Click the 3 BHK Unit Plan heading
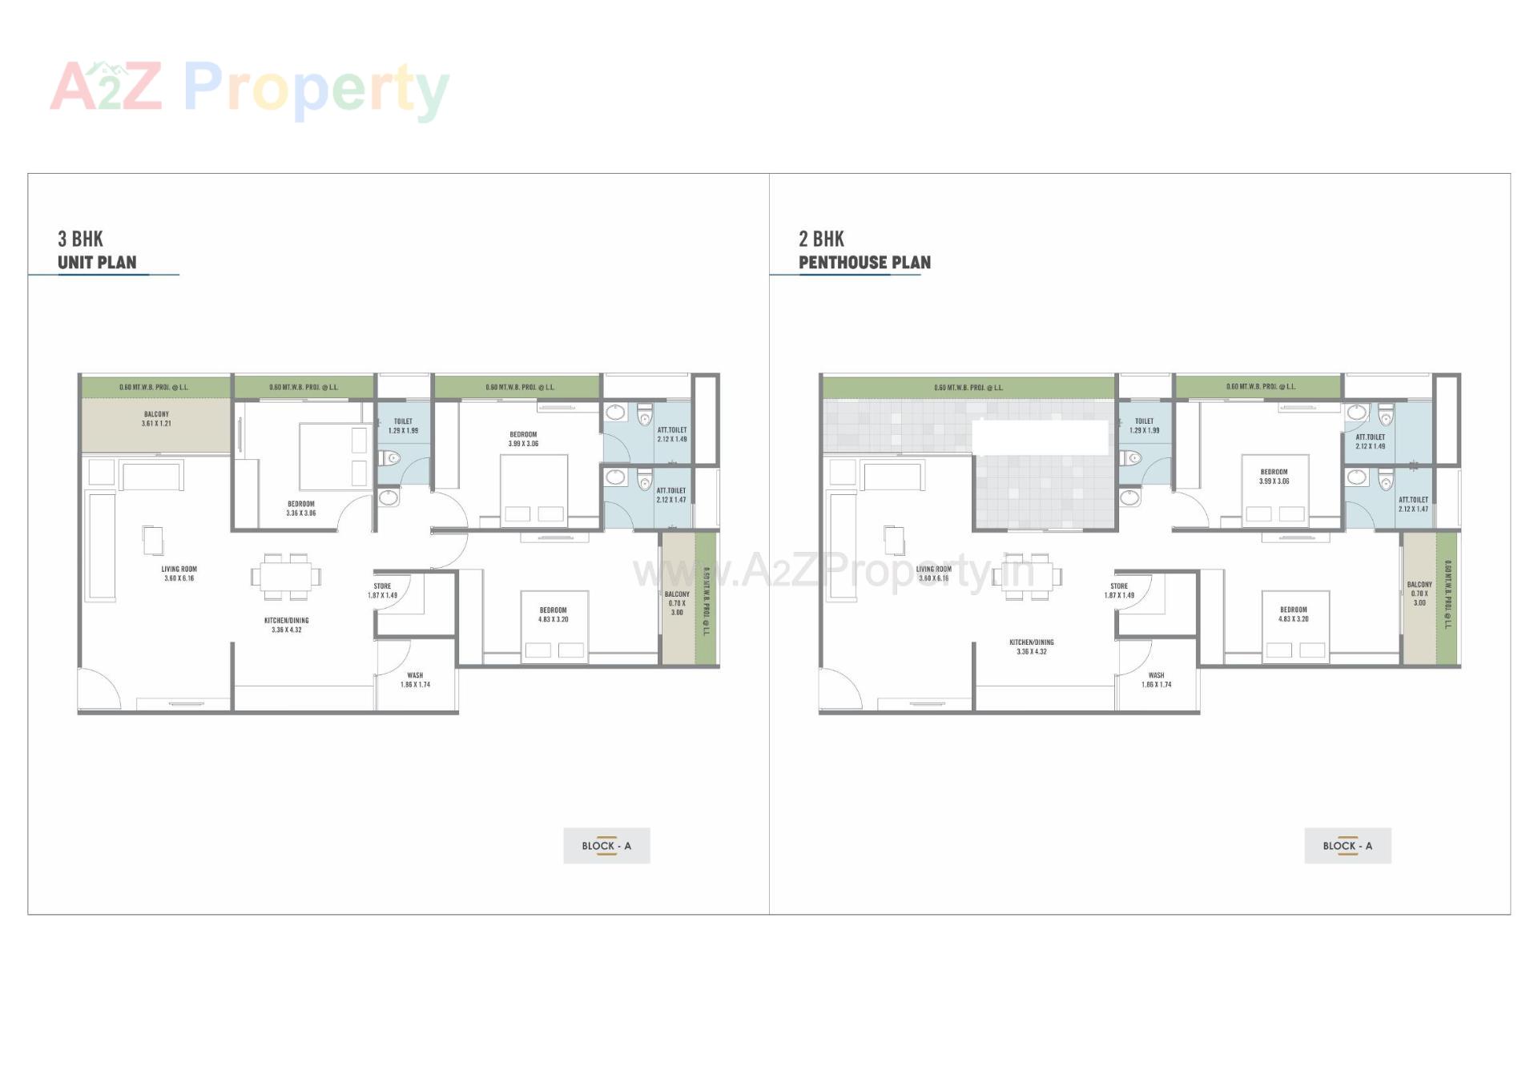[x=97, y=251]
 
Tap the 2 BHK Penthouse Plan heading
[x=864, y=251]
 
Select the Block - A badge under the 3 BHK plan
[x=606, y=845]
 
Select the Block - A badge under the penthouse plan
[x=1347, y=845]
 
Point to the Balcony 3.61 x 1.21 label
[x=156, y=419]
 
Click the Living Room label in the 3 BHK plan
[x=179, y=574]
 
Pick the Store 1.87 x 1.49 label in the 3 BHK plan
[x=382, y=590]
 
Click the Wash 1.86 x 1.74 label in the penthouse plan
[x=1156, y=680]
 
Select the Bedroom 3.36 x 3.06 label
[x=301, y=509]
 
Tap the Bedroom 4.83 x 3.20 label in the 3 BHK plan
[x=553, y=614]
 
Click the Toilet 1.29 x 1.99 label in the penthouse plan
[x=1144, y=425]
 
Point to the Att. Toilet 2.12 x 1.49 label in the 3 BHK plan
[x=671, y=434]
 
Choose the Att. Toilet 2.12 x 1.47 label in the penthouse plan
[x=1413, y=504]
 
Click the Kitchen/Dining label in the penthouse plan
[x=1032, y=646]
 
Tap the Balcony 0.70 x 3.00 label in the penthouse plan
[x=1419, y=594]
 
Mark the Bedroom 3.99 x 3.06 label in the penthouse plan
[x=1274, y=477]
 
